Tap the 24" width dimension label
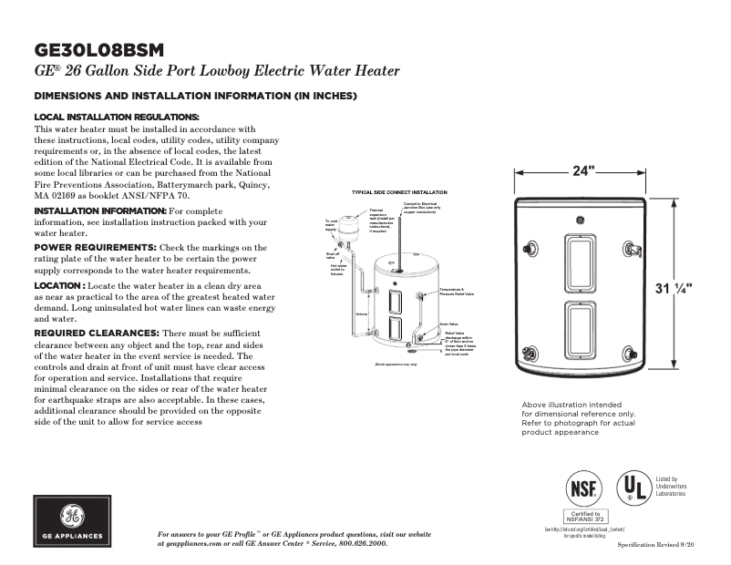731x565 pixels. tap(584, 171)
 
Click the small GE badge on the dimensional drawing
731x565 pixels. tap(581, 219)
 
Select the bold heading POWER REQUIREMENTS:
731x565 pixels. tap(95, 248)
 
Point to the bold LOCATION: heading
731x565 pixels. tap(59, 286)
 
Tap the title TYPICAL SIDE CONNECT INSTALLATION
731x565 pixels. tap(399, 193)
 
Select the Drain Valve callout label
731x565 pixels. tap(448, 324)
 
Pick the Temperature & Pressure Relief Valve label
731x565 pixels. tap(455, 293)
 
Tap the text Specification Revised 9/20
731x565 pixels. tap(662, 544)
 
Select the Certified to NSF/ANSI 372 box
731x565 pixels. tap(583, 517)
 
